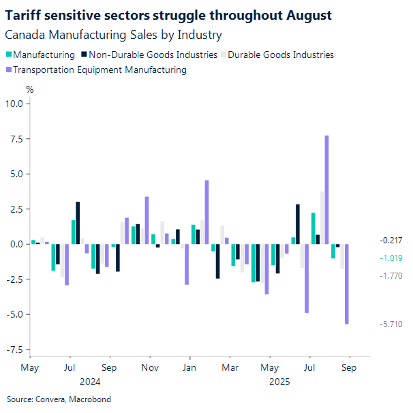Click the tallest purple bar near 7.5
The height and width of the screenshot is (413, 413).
pos(326,189)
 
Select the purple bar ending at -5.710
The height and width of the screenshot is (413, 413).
pos(347,284)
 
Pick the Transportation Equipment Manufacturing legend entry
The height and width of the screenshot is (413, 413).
pos(100,69)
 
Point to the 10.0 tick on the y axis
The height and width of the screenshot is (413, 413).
pos(14,104)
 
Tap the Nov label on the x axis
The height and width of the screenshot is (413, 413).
pos(150,367)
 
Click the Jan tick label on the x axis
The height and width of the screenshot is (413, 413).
pos(190,367)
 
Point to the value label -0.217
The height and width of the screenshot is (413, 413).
pos(392,241)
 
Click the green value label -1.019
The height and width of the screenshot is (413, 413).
pos(392,258)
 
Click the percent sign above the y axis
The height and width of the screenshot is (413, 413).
pos(29,89)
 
